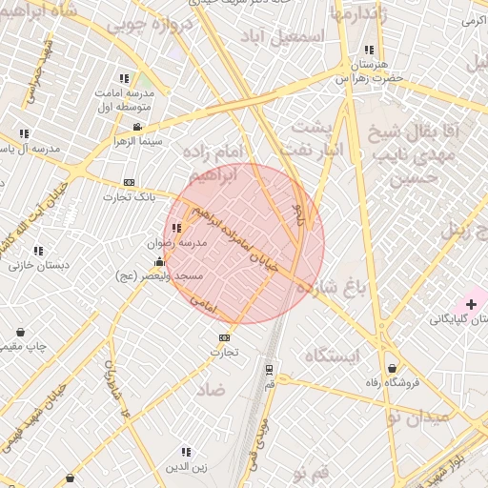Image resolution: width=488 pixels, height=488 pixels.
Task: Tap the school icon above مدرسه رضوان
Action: [x=177, y=229]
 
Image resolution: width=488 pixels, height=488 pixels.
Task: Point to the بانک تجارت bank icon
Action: [x=130, y=183]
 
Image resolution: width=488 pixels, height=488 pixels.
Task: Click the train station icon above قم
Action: [x=269, y=369]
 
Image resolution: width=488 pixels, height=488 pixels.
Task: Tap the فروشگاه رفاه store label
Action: [x=393, y=384]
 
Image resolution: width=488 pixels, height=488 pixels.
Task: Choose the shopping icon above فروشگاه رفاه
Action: [x=392, y=369]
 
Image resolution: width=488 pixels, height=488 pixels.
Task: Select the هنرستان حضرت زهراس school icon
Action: [x=368, y=51]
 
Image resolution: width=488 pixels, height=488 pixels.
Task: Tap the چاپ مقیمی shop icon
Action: [x=21, y=333]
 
